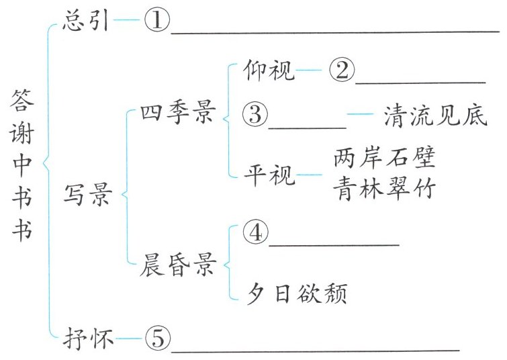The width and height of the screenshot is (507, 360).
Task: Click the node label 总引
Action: [x=85, y=20]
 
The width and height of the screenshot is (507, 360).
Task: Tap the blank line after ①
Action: [x=336, y=30]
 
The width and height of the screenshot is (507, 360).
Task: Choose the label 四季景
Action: [x=175, y=114]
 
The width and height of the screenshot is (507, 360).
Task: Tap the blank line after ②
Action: [x=420, y=81]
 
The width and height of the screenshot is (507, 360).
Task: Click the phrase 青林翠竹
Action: [x=385, y=190]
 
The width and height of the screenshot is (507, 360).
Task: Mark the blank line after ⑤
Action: [x=316, y=349]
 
